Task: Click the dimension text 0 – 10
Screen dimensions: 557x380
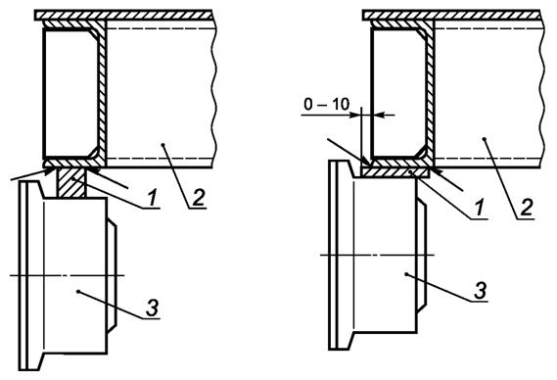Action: [326, 104]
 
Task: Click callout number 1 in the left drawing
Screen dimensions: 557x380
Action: [153, 197]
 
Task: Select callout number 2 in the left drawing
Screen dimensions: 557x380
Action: [199, 198]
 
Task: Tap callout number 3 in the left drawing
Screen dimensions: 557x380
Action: [153, 308]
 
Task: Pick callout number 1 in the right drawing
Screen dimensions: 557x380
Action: [481, 208]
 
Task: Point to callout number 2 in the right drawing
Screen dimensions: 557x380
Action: [527, 208]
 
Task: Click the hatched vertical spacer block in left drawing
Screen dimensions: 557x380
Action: [71, 183]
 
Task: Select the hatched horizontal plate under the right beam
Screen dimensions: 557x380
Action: [395, 172]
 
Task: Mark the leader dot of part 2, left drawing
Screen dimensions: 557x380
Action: [162, 144]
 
